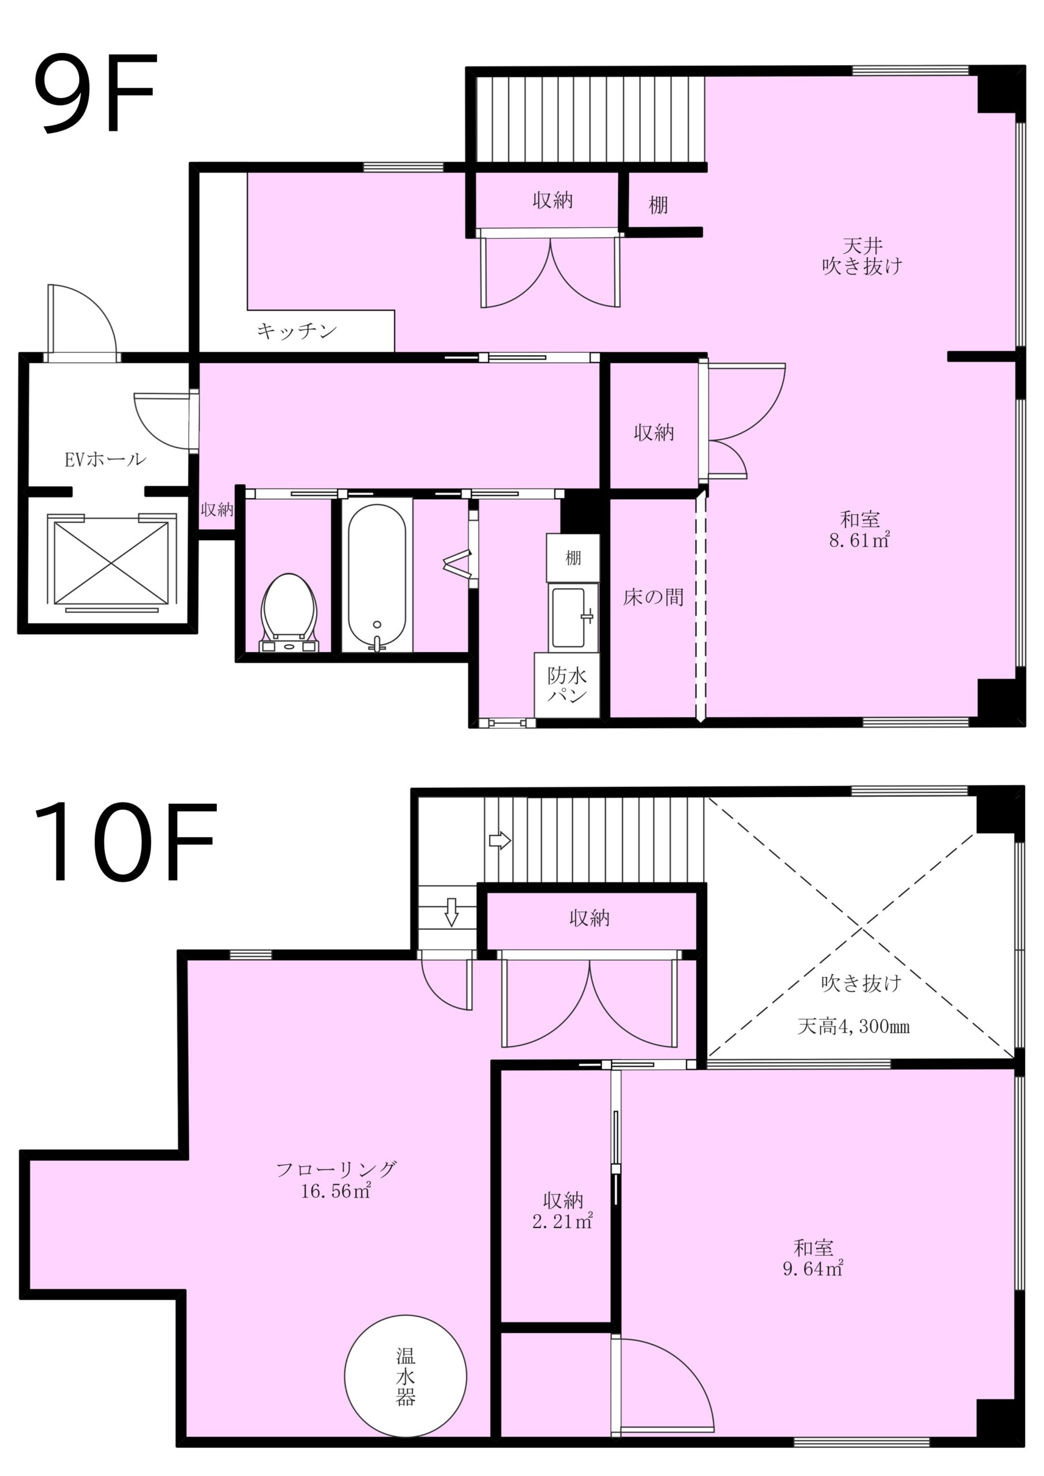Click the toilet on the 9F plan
coord(290,613)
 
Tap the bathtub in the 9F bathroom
coord(377,576)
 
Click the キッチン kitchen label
coord(296,331)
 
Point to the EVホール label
coord(106,459)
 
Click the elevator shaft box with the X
coord(111,563)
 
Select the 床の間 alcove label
coord(653,597)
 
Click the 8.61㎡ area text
coord(859,540)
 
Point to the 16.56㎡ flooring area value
coord(336,1191)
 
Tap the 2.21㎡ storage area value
coord(562,1221)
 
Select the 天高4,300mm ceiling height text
coord(854,1027)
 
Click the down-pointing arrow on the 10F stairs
coord(452,912)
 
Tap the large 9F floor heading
coord(95,94)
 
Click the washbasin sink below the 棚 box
coord(572,617)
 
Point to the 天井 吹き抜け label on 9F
coord(862,256)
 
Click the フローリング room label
coord(336,1168)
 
